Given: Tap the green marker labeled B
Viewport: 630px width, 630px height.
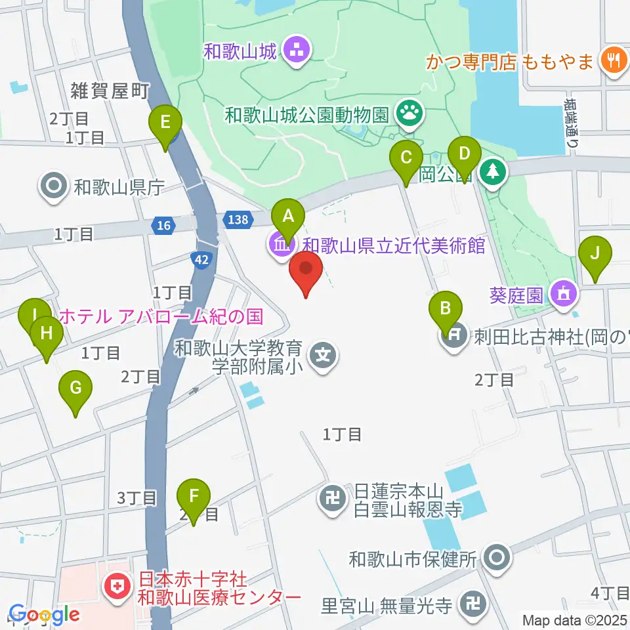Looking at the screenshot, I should pyautogui.click(x=446, y=307).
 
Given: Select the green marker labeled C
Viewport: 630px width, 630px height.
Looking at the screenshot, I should pyautogui.click(x=406, y=158).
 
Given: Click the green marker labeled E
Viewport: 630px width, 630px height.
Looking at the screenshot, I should pyautogui.click(x=165, y=122).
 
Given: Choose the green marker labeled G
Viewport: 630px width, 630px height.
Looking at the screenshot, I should pyautogui.click(x=75, y=388).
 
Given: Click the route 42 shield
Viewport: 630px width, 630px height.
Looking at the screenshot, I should pyautogui.click(x=202, y=260).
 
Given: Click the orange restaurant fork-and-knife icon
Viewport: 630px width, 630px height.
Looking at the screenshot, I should pyautogui.click(x=614, y=62).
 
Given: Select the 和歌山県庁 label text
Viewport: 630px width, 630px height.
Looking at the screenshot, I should pyautogui.click(x=118, y=188).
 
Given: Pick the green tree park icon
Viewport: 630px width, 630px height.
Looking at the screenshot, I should pyautogui.click(x=493, y=172).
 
